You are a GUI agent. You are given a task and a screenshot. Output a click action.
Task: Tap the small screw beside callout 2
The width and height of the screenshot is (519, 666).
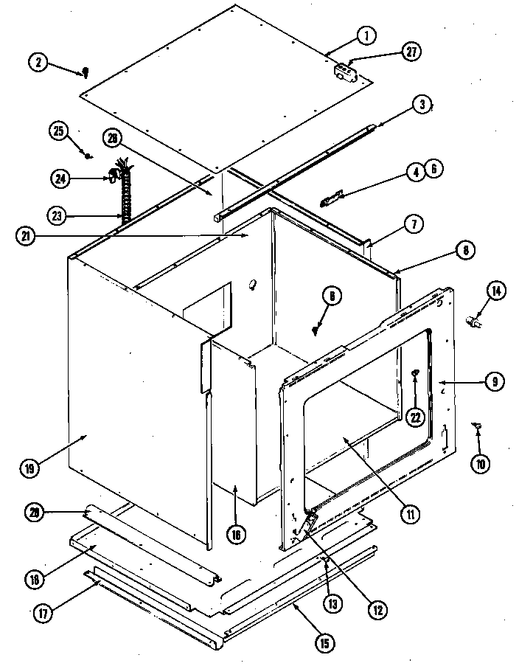point(85,72)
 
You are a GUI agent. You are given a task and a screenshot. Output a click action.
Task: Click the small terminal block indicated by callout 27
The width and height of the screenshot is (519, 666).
point(344,71)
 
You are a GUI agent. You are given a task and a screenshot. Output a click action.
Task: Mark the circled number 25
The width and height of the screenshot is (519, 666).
point(59,131)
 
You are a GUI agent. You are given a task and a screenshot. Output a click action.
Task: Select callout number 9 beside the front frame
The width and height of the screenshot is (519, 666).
point(494,381)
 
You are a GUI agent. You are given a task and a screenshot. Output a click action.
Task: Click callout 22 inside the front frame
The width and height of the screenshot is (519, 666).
point(415,416)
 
